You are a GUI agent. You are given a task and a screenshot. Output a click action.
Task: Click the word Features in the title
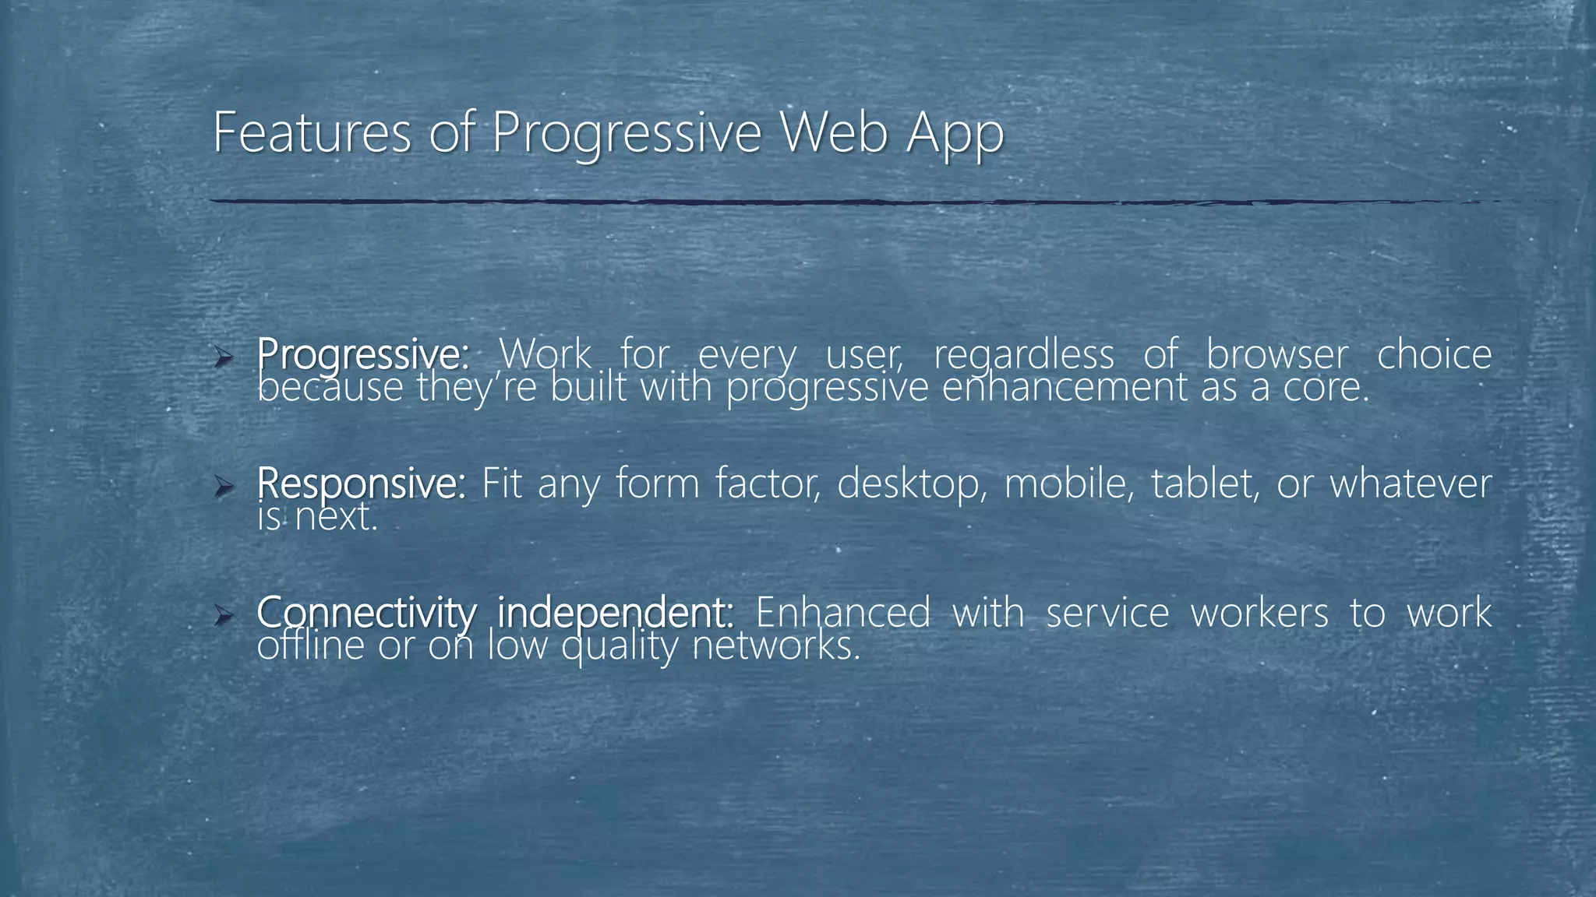[x=311, y=132]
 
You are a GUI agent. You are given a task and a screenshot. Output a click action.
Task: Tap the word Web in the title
[x=833, y=132]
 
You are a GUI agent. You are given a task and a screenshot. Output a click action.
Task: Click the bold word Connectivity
[x=365, y=613]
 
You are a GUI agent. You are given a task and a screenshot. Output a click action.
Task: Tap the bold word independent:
[x=616, y=613]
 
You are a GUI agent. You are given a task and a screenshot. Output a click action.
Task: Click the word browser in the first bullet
[x=1276, y=355]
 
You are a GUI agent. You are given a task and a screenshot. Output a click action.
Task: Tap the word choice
[x=1434, y=355]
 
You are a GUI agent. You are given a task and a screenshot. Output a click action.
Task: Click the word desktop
[x=908, y=484]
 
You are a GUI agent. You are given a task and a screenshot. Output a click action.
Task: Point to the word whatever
[x=1411, y=484]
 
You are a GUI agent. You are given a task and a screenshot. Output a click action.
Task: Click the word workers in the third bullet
[x=1259, y=613]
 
